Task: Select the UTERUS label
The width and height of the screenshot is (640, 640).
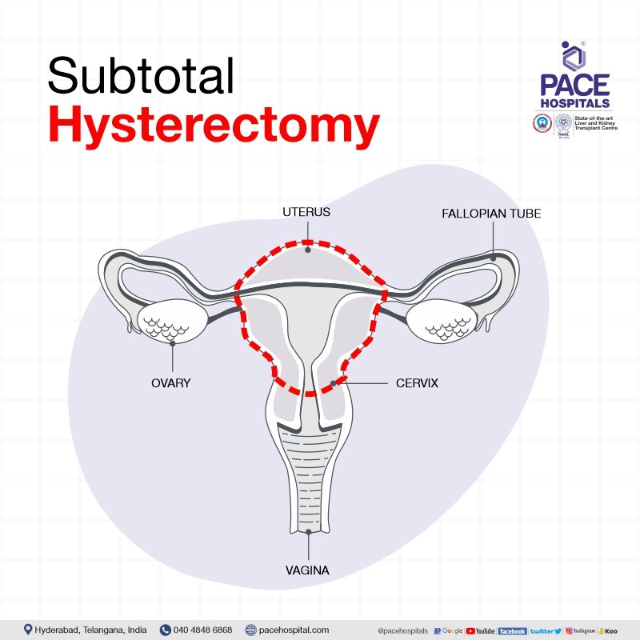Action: (306, 214)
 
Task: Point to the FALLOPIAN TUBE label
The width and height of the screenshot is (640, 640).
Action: (491, 214)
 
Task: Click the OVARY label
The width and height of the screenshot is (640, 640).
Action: (171, 382)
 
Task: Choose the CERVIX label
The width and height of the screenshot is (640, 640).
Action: (417, 383)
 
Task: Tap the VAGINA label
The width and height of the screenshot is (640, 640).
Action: (308, 570)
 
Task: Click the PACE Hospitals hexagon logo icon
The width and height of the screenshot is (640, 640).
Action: (574, 56)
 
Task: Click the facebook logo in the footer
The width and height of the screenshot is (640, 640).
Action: (512, 630)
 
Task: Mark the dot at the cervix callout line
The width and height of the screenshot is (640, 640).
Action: (333, 384)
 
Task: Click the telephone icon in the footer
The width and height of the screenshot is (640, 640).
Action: (166, 630)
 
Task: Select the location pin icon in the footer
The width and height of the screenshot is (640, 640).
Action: (28, 630)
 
